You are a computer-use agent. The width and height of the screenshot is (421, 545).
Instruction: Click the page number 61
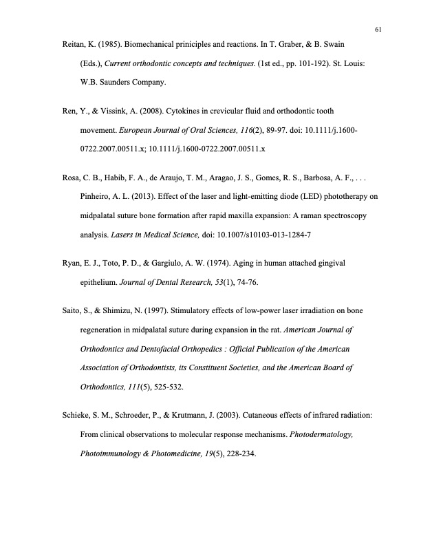[x=378, y=29]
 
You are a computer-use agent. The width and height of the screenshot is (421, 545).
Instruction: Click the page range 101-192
[x=312, y=63]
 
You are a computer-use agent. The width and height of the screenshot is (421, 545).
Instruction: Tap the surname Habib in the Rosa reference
[x=111, y=178]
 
